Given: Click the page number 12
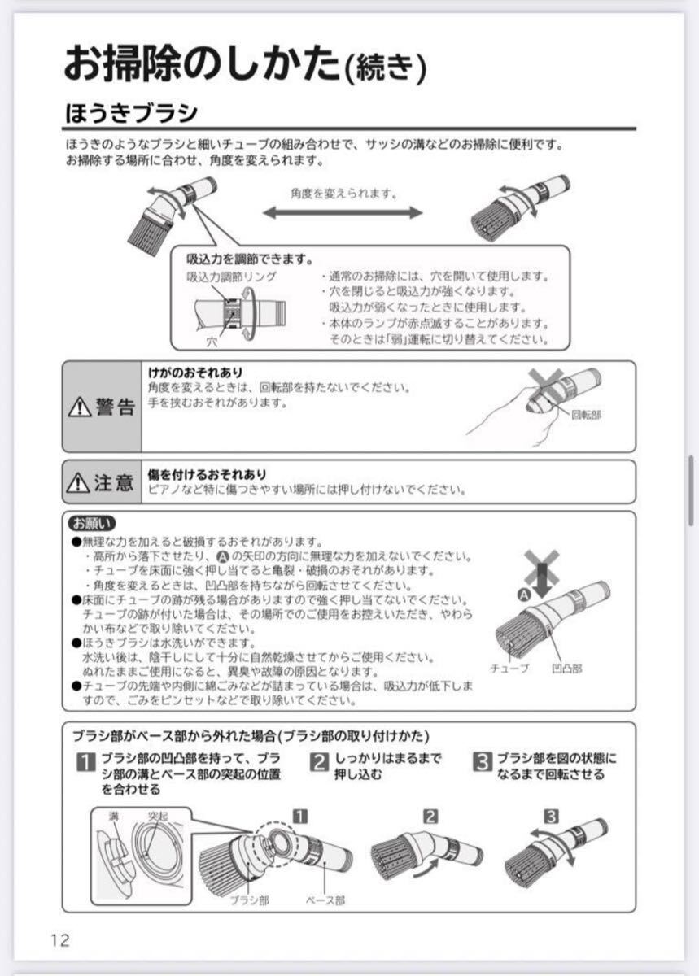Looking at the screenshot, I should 59,940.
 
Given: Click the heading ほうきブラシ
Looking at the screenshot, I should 131,111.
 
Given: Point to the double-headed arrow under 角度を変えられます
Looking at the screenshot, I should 343,212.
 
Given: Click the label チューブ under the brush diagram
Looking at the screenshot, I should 509,668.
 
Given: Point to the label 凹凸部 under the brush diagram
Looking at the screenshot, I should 566,668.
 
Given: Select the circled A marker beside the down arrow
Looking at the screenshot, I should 524,595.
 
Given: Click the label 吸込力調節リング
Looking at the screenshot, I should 231,277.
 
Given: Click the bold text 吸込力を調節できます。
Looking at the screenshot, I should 250,260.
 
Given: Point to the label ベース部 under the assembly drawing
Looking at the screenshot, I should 325,900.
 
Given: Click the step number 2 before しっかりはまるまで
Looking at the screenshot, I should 320,762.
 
